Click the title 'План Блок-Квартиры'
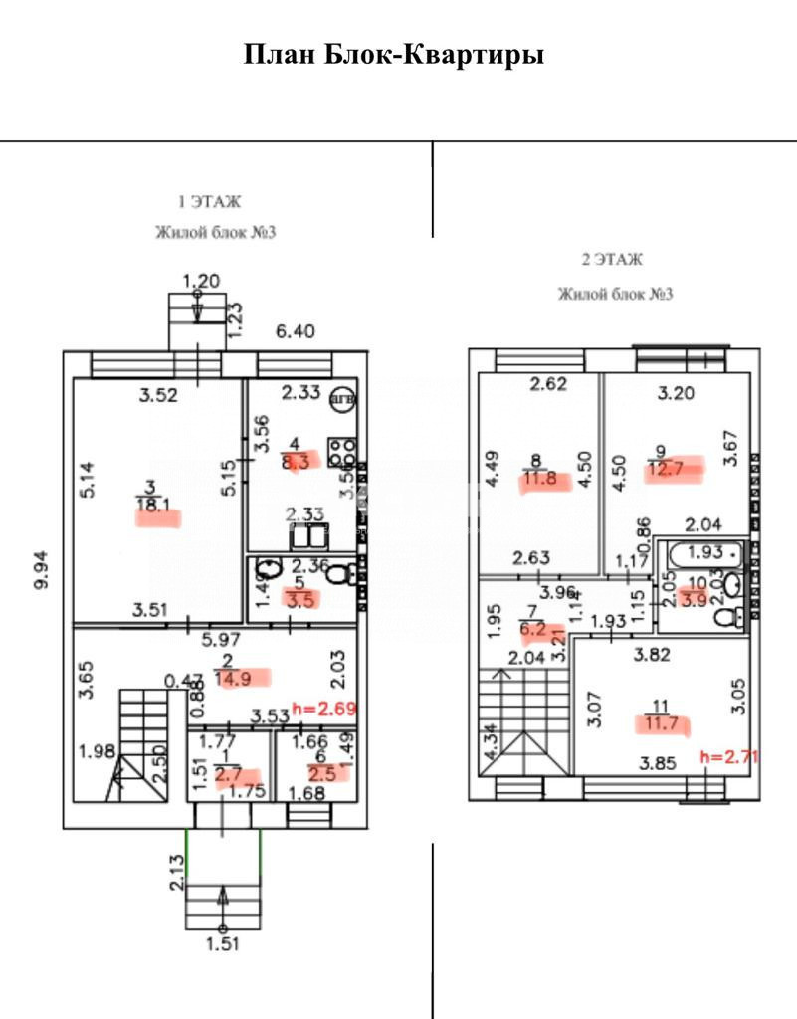click(x=394, y=54)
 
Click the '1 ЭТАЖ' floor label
click(x=209, y=201)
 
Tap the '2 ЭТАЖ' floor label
click(x=612, y=260)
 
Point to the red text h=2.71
click(x=730, y=756)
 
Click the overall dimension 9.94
click(x=41, y=568)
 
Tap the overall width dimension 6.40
click(x=296, y=331)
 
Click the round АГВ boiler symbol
click(x=342, y=396)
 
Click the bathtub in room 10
click(x=701, y=554)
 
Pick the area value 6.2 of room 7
click(x=532, y=629)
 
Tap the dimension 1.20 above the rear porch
click(x=200, y=281)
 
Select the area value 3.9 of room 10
click(x=695, y=599)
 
